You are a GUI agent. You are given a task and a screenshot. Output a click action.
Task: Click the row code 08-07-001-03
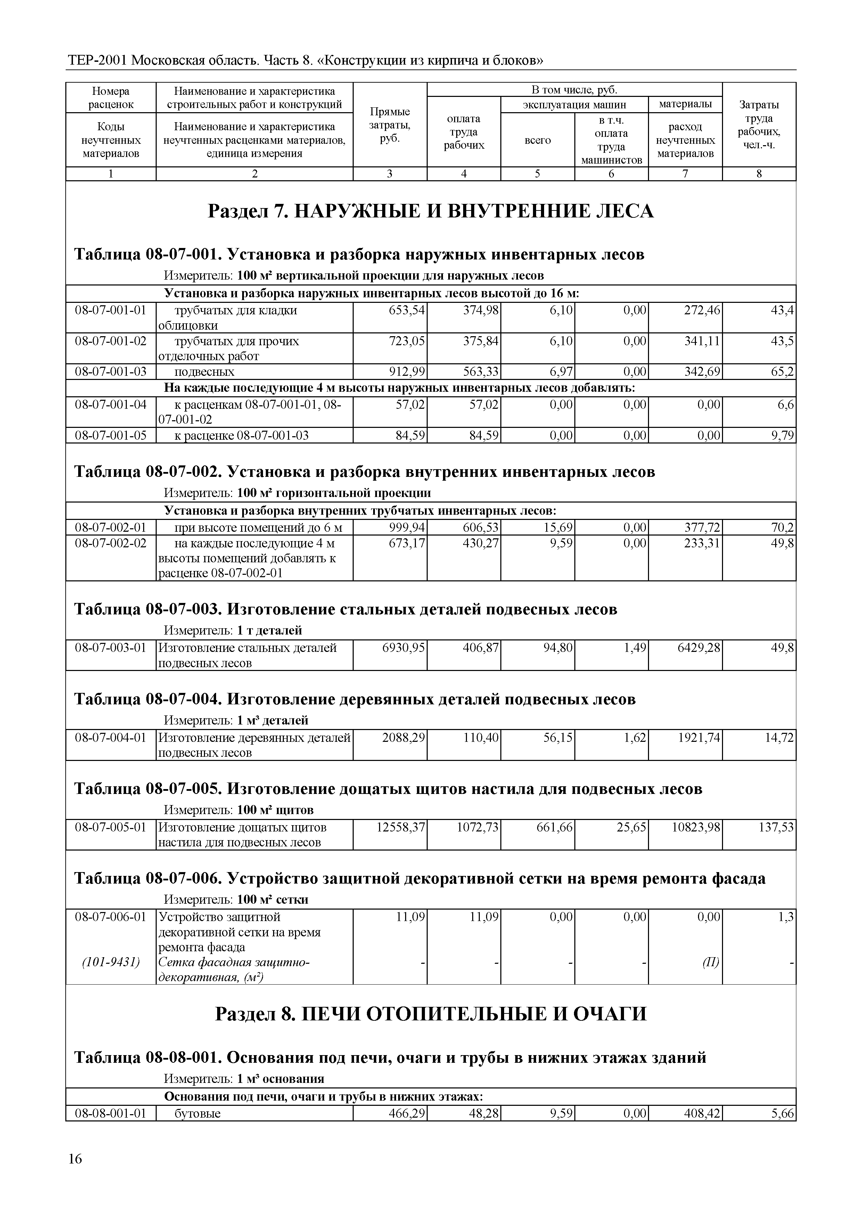(110, 371)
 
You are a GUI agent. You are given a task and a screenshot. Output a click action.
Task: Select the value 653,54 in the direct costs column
(407, 310)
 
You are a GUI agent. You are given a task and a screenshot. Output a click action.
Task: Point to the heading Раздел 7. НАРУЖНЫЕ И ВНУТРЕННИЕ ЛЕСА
(430, 211)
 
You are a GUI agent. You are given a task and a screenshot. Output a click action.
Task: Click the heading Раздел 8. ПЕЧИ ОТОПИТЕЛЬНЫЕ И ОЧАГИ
(430, 1014)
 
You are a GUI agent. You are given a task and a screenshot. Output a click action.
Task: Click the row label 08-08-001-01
(110, 1113)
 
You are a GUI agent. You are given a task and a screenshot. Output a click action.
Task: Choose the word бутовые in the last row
(197, 1113)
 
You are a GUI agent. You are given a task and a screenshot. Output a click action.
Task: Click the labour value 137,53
(775, 828)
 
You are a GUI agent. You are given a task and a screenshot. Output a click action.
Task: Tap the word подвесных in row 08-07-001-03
(204, 371)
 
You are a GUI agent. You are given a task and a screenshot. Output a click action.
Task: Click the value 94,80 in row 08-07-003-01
(557, 648)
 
